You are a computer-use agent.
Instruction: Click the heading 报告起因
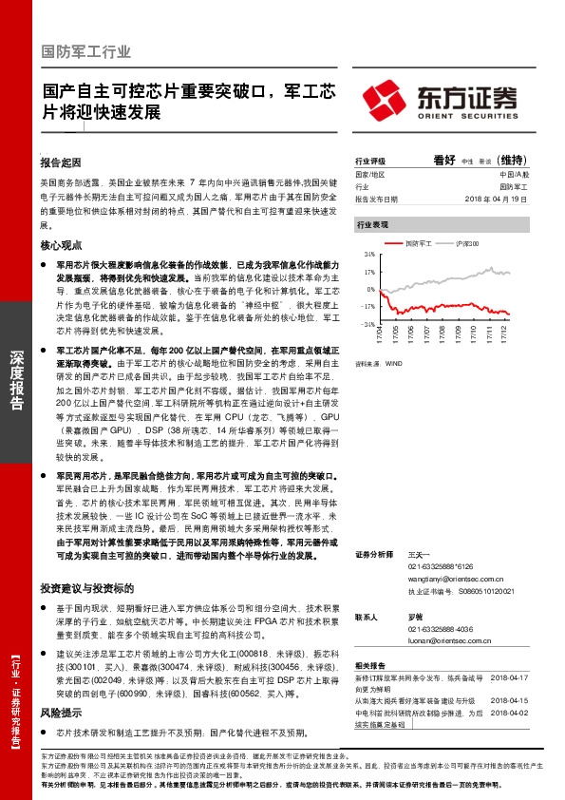pos(62,162)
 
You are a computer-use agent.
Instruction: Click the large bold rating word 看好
pos(444,160)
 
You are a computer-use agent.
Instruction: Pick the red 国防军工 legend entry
pos(418,244)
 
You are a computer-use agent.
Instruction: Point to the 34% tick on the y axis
pos(368,256)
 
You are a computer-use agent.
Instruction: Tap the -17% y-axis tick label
pos(367,306)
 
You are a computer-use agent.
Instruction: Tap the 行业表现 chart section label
pos(372,226)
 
